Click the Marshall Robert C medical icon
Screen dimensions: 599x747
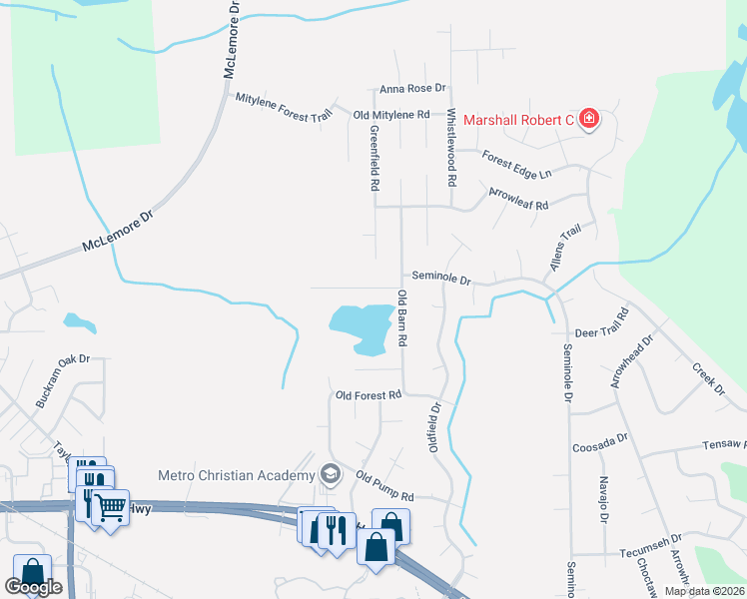point(589,120)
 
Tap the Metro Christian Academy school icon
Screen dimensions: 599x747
point(330,475)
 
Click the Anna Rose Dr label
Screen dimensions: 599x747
point(411,89)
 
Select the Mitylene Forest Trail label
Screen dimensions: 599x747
point(283,107)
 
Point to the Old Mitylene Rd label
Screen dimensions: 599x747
point(391,115)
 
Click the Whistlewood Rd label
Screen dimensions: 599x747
point(451,149)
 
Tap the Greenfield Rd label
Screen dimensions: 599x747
point(374,158)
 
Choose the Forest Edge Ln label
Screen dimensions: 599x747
point(516,165)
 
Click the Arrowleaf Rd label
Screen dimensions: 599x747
point(519,198)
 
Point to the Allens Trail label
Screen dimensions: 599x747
point(564,249)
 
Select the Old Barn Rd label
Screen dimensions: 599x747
point(402,318)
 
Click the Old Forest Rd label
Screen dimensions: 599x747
point(369,395)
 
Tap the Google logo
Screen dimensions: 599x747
point(35,588)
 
